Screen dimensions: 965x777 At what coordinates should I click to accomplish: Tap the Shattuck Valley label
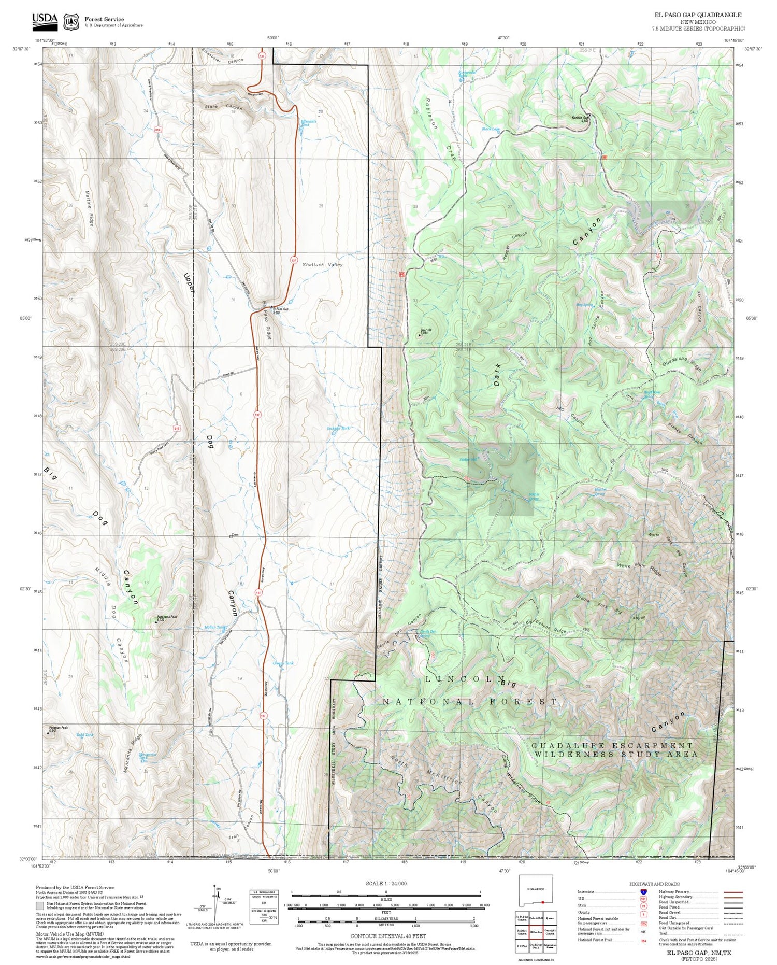(x=322, y=265)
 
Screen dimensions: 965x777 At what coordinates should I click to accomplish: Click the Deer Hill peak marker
(x=419, y=335)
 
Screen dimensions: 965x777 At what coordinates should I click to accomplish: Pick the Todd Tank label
(x=85, y=735)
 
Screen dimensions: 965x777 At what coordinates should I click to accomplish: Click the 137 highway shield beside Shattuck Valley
(x=294, y=260)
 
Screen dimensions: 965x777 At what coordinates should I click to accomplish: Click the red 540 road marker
(x=402, y=274)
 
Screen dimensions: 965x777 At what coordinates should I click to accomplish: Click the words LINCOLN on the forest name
(x=465, y=679)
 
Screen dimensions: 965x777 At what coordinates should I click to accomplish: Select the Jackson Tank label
(x=338, y=428)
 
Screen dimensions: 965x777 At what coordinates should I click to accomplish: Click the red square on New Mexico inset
(x=542, y=902)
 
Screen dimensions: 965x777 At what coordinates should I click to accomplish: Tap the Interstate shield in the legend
(x=643, y=892)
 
